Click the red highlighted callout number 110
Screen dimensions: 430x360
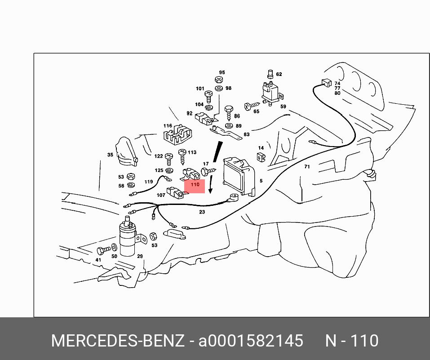(x=195, y=184)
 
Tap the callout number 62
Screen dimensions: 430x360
(x=279, y=74)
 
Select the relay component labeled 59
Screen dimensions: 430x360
(x=271, y=93)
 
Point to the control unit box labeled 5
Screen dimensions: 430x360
(x=239, y=177)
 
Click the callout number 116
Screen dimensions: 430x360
(x=168, y=126)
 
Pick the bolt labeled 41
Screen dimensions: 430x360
(x=103, y=250)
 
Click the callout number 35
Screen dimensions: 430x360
(x=110, y=155)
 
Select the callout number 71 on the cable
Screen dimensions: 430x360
(x=307, y=167)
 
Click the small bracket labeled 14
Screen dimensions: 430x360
(x=262, y=158)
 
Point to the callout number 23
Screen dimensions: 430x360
(x=202, y=212)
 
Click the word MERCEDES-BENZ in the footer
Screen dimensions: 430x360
(x=118, y=341)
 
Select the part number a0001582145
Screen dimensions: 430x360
(x=251, y=341)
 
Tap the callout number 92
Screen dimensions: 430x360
(x=189, y=113)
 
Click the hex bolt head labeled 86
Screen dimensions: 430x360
(x=228, y=110)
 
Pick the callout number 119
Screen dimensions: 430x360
(x=148, y=182)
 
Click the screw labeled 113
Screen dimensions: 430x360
(x=182, y=156)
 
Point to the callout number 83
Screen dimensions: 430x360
(x=247, y=134)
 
